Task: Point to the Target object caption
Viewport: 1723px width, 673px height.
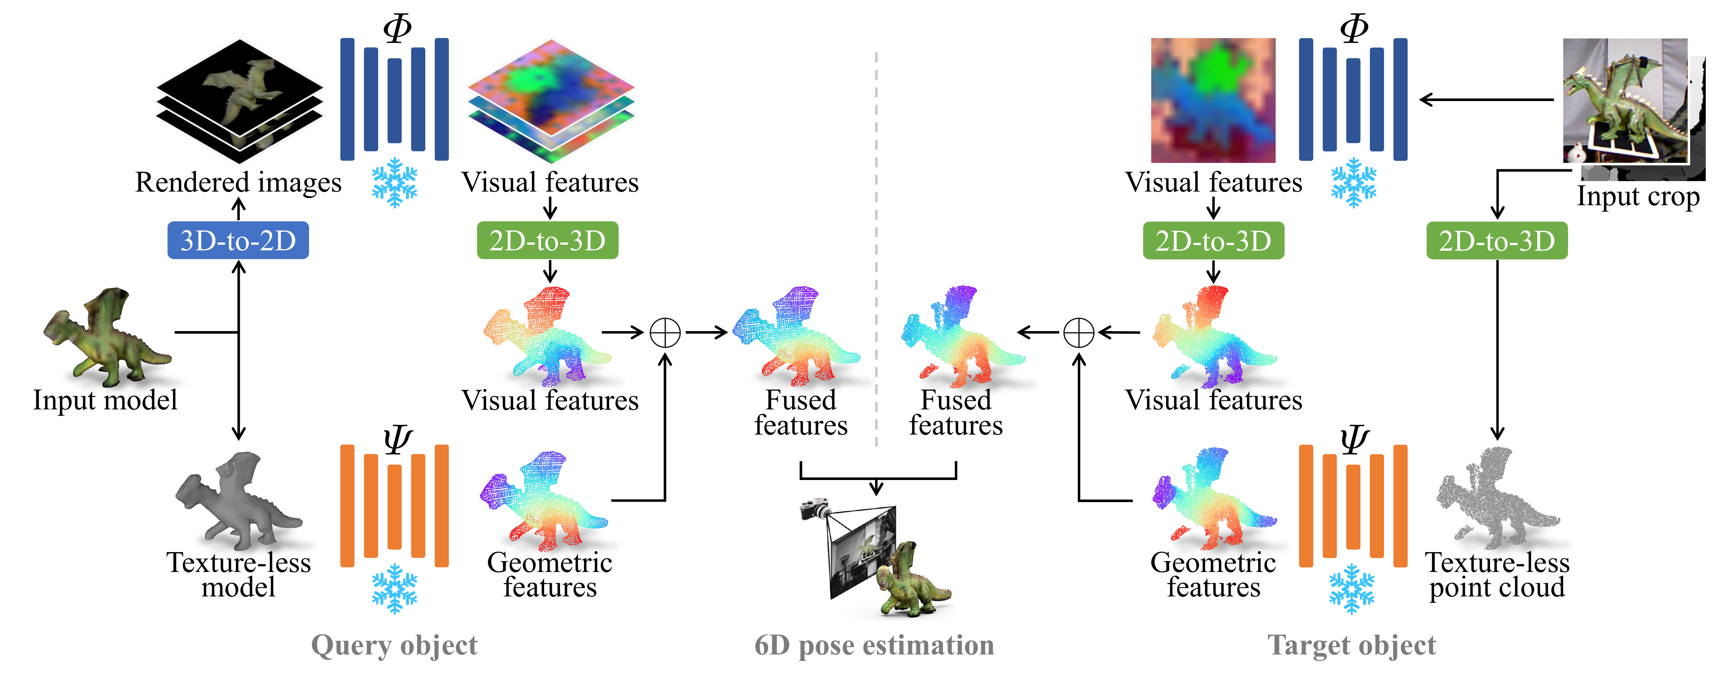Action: coord(1351,646)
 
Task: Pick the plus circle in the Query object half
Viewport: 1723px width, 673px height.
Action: coord(665,332)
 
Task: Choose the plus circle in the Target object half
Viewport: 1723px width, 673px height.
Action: coord(1078,332)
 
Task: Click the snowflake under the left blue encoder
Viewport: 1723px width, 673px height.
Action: coord(395,182)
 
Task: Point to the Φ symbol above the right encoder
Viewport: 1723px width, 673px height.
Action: coord(1354,28)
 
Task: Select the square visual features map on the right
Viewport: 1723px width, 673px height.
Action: coord(1213,100)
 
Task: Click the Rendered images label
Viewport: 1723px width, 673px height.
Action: coord(238,182)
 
